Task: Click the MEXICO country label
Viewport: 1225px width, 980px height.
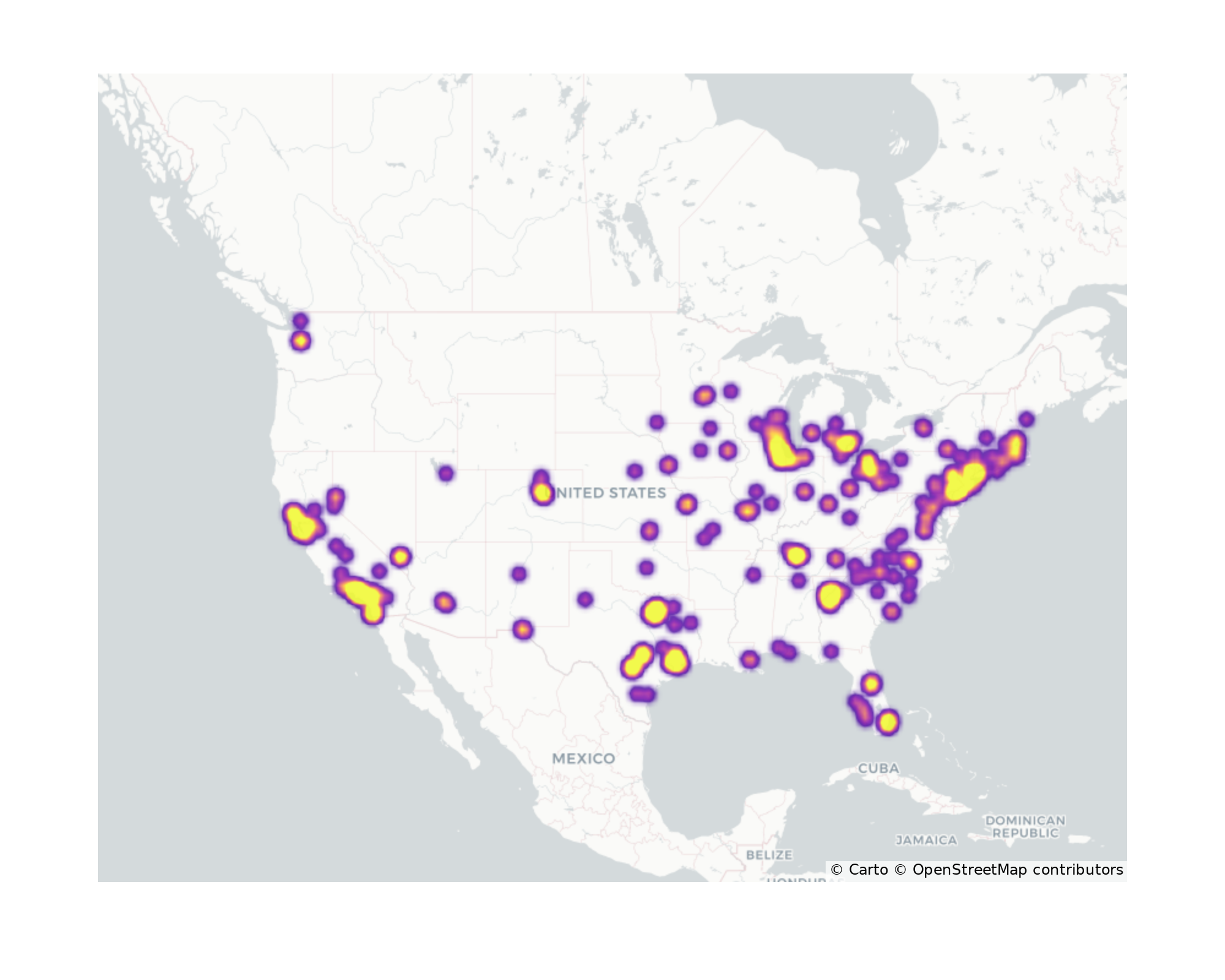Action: [583, 758]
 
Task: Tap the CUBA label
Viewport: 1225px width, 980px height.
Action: [878, 768]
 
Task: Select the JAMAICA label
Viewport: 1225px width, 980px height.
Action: [926, 840]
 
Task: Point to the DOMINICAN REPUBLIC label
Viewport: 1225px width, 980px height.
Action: [1025, 826]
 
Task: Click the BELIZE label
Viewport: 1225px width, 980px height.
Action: [769, 854]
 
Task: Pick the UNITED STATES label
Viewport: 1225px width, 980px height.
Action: [612, 493]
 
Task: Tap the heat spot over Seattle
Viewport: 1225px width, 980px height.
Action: [300, 341]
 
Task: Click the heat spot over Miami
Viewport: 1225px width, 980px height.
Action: [888, 722]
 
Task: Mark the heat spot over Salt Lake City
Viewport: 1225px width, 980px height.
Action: [446, 473]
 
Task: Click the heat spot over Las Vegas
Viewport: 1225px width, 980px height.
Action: [400, 557]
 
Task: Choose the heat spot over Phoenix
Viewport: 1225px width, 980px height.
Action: [445, 603]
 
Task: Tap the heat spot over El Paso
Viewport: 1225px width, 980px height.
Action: [522, 629]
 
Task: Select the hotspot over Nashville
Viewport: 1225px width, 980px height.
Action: [795, 555]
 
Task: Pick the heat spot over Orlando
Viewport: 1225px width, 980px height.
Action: [871, 683]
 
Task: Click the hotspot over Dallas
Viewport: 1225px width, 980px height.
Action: [655, 611]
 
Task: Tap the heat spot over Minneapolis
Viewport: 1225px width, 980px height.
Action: [704, 396]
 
